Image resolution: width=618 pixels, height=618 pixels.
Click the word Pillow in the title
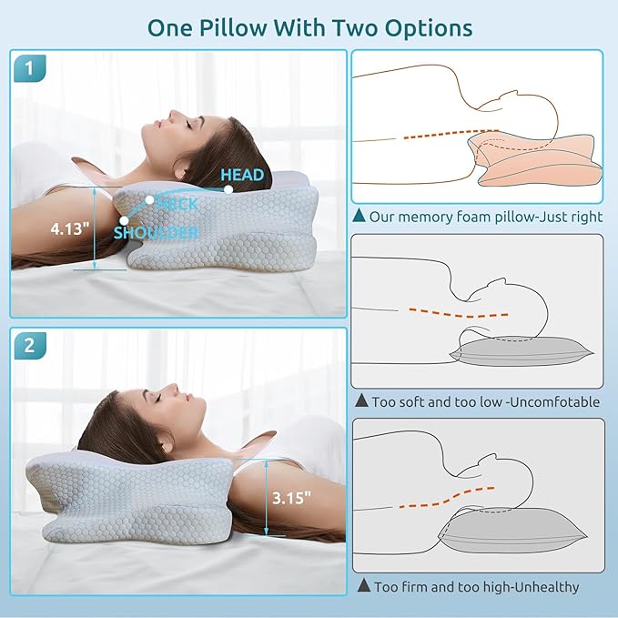[x=233, y=28]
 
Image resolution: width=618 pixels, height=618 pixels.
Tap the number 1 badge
[x=30, y=68]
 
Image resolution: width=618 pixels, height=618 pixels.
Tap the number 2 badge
[x=30, y=346]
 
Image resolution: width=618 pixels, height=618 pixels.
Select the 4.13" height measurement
[x=70, y=228]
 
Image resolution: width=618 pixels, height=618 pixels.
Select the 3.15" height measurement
[x=291, y=498]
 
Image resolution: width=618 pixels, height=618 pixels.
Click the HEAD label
[x=242, y=175]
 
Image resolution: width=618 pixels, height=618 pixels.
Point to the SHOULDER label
[x=156, y=232]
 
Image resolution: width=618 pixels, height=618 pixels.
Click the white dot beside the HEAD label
[x=228, y=189]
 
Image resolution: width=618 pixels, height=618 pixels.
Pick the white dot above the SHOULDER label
[x=124, y=220]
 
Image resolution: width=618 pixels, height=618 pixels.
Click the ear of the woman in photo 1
[x=180, y=170]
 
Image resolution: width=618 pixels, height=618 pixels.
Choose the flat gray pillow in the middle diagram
[x=521, y=350]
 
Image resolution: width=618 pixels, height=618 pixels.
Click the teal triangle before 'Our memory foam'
[x=360, y=215]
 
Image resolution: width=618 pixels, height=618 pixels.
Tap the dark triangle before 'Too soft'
[x=362, y=400]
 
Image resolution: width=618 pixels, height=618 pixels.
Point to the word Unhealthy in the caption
[x=547, y=587]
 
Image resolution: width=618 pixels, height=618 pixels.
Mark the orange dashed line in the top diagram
[x=451, y=134]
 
